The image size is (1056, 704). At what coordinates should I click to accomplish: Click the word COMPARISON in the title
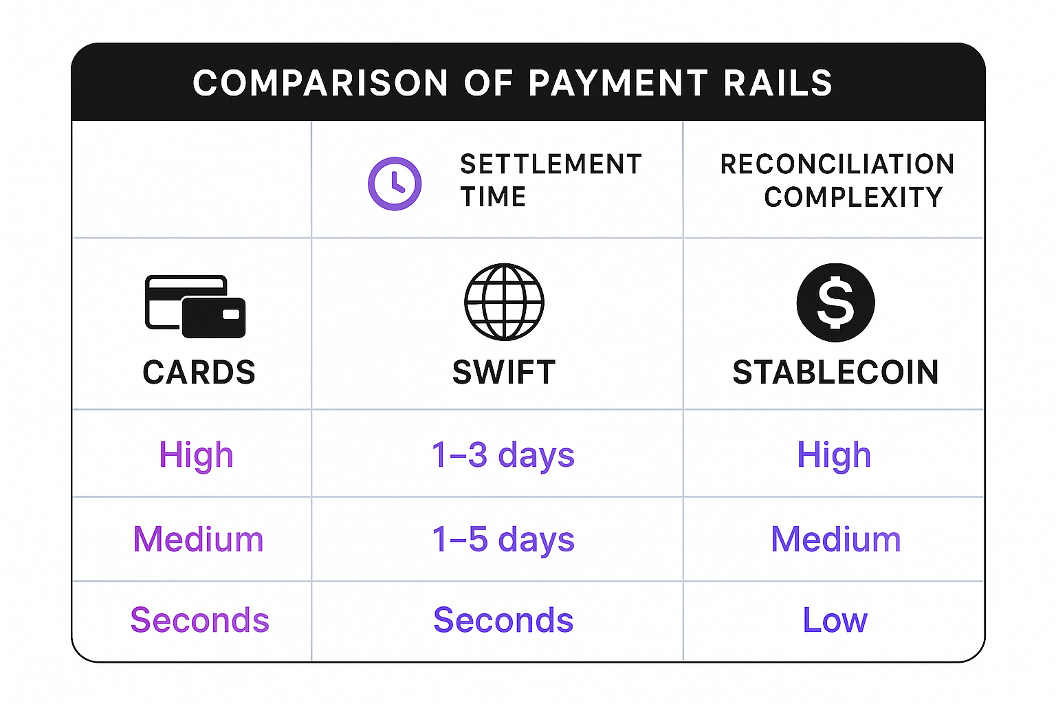pos(320,83)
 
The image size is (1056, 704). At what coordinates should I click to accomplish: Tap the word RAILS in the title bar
pos(778,83)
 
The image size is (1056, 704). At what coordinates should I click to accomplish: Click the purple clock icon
pos(395,184)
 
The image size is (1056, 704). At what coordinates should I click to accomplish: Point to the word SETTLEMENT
pos(551,164)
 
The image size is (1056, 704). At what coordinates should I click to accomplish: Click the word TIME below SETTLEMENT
pos(493,197)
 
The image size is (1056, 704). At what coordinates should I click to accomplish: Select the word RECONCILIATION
pos(837,164)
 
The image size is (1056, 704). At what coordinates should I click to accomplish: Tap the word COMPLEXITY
pos(853,197)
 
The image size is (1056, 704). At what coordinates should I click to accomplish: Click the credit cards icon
pos(196,307)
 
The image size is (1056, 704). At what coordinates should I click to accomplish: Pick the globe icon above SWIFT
pos(504,302)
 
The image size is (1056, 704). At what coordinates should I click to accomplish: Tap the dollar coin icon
pos(835,302)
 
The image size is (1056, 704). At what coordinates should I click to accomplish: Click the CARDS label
pos(199,372)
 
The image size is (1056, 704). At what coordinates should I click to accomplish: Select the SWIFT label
pos(504,372)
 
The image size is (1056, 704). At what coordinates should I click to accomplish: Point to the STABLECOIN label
pos(835,372)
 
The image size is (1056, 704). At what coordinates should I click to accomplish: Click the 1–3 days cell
pos(503,455)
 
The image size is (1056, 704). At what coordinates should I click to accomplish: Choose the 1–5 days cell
pos(503,539)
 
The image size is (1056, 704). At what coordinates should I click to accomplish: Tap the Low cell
pos(835,619)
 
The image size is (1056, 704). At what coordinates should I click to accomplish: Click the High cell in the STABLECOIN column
pos(834,455)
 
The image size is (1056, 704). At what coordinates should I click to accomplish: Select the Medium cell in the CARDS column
pos(198,539)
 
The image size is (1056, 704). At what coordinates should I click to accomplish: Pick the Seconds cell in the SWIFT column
pos(503,619)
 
